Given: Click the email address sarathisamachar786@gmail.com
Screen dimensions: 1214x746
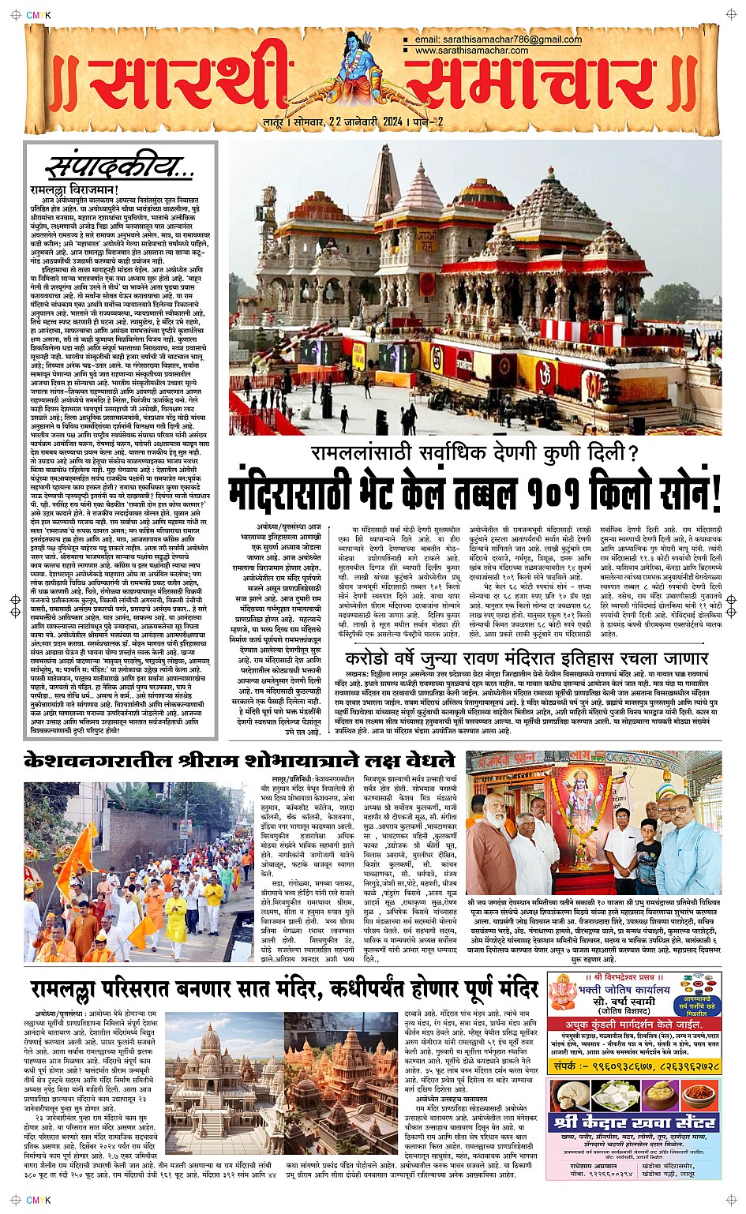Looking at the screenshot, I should pyautogui.click(x=498, y=39).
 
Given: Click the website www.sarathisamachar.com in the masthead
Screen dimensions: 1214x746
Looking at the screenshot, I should pyautogui.click(x=471, y=51).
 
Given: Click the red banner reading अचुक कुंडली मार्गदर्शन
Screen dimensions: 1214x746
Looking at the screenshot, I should pyautogui.click(x=634, y=1024).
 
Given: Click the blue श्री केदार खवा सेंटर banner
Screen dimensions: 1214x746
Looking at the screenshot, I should pyautogui.click(x=634, y=1122).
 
